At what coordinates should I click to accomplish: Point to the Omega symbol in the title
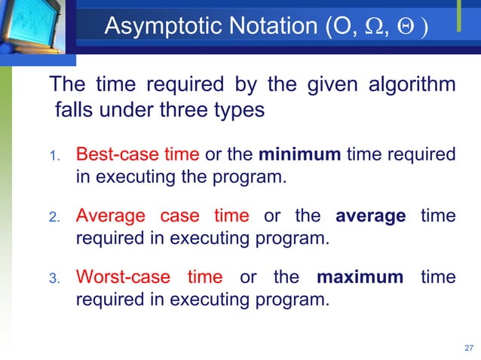coord(364,28)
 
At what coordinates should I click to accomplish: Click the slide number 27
coord(467,348)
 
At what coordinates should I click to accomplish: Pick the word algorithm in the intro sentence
coord(412,84)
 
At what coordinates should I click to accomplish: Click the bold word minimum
coord(300,155)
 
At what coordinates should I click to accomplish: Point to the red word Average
coord(110,216)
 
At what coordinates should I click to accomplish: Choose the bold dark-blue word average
coord(370,216)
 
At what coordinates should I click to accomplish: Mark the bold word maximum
coord(360,276)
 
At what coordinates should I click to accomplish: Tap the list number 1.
coord(54,157)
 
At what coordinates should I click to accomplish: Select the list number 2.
coord(54,218)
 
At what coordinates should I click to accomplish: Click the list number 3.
coord(54,278)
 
